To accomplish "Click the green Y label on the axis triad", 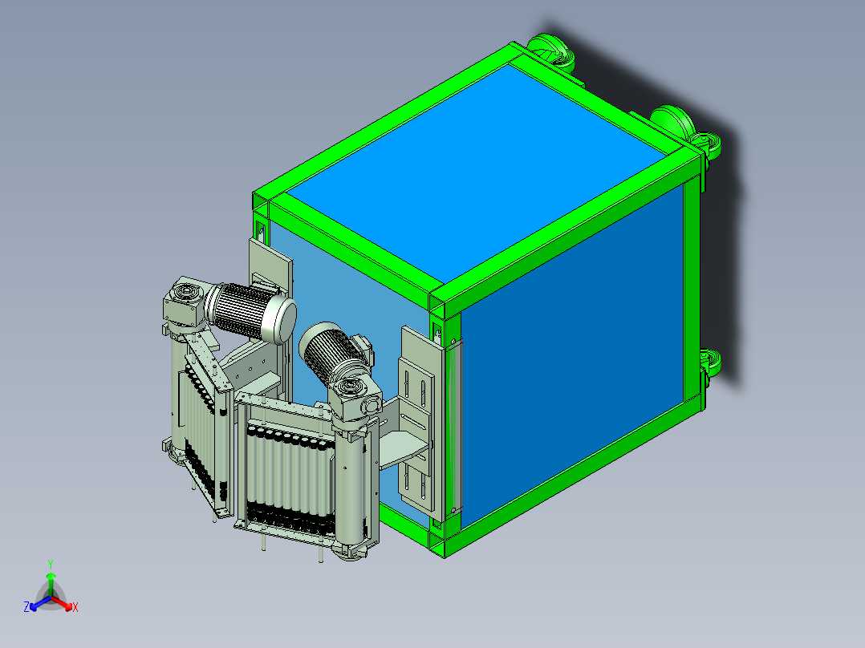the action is [51, 564].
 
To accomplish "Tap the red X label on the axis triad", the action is [75, 607].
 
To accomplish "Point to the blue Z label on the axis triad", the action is [26, 606].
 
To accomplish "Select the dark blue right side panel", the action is [572, 356].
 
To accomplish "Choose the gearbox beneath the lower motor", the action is [354, 400].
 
